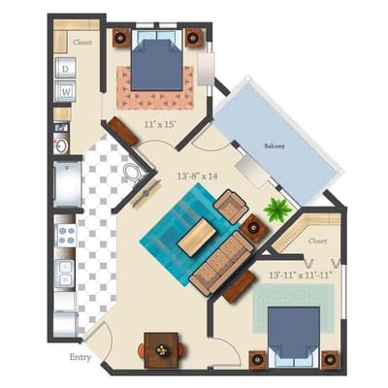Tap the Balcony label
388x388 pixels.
click(x=275, y=146)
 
